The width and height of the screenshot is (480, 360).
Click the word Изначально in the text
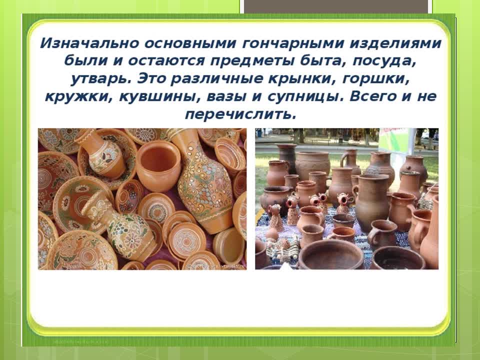pyautogui.click(x=89, y=43)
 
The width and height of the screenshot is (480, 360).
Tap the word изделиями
pyautogui.click(x=395, y=43)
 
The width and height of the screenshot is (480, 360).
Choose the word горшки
pyautogui.click(x=376, y=79)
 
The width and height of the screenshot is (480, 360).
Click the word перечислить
pyautogui.click(x=241, y=114)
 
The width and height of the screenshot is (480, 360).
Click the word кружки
pyautogui.click(x=78, y=96)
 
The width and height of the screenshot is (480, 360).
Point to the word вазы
pyautogui.click(x=226, y=96)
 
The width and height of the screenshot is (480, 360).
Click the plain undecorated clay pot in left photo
pyautogui.click(x=158, y=165)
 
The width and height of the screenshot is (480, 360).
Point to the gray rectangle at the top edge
pyautogui.click(x=336, y=6)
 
